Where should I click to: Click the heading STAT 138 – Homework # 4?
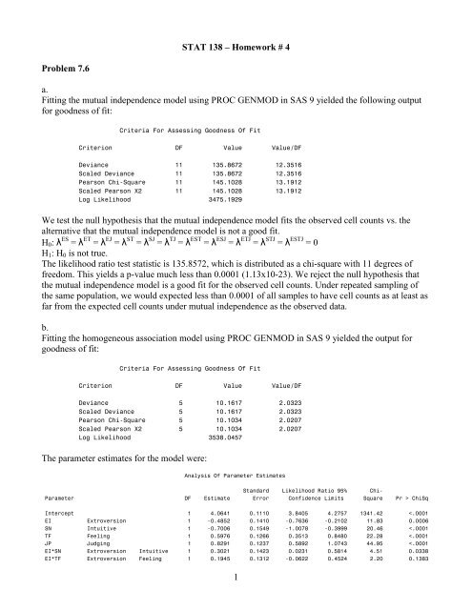tap(236, 47)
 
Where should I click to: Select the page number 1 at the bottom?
tap(236, 596)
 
